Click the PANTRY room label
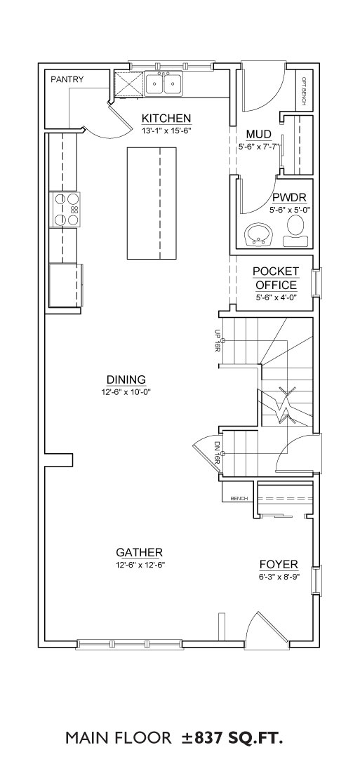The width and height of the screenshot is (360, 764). (x=67, y=79)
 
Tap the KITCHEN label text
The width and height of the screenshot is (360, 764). (x=166, y=119)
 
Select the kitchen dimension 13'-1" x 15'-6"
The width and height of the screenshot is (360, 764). (x=166, y=130)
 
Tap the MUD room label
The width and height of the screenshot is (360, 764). (x=258, y=135)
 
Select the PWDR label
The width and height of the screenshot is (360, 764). (x=289, y=199)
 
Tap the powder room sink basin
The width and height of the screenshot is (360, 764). (x=259, y=235)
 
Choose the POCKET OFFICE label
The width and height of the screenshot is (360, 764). (x=276, y=279)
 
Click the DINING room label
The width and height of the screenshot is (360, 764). (x=126, y=380)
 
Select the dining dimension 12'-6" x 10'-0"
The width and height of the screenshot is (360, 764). (x=126, y=391)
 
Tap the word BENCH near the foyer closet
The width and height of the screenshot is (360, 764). (x=239, y=498)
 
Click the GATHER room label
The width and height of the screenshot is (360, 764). (x=139, y=553)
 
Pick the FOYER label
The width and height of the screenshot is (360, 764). (x=279, y=565)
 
